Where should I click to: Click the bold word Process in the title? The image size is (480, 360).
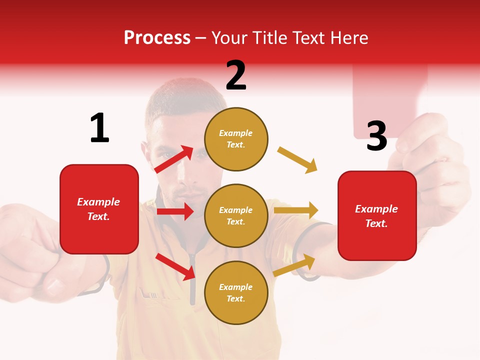coord(157,38)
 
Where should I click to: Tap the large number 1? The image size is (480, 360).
coord(99,128)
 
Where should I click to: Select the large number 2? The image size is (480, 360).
coord(236,75)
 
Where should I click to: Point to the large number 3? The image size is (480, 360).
coord(376,136)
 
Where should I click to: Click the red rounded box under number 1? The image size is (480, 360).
coord(99,209)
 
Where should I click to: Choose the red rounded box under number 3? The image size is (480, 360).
coord(377,215)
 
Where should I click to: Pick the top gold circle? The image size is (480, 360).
coord(236,139)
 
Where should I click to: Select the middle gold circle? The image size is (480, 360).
coord(236,215)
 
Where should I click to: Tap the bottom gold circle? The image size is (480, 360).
coord(236,292)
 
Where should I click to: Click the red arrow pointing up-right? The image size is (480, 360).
coord(173,159)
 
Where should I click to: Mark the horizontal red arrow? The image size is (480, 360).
coord(175,211)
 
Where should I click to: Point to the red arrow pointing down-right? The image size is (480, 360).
coord(175,266)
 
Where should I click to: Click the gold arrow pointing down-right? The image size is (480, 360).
coord(297,160)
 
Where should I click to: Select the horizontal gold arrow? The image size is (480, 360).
coord(296,210)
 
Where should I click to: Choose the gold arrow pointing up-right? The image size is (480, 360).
coord(294,265)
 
